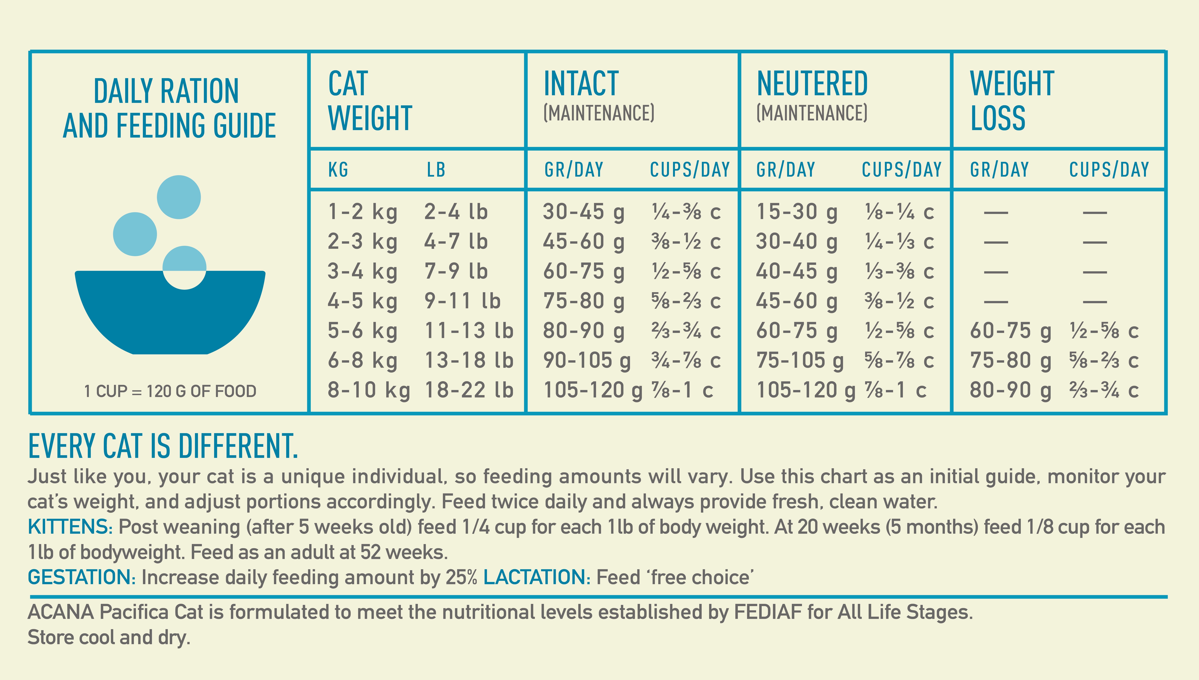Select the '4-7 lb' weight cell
point(456,241)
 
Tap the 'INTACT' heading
point(581,84)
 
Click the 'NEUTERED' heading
point(812,84)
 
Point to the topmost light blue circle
point(179,197)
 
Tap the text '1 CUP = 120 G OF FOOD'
point(170,391)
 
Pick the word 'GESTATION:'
point(82,577)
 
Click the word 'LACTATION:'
point(537,577)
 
